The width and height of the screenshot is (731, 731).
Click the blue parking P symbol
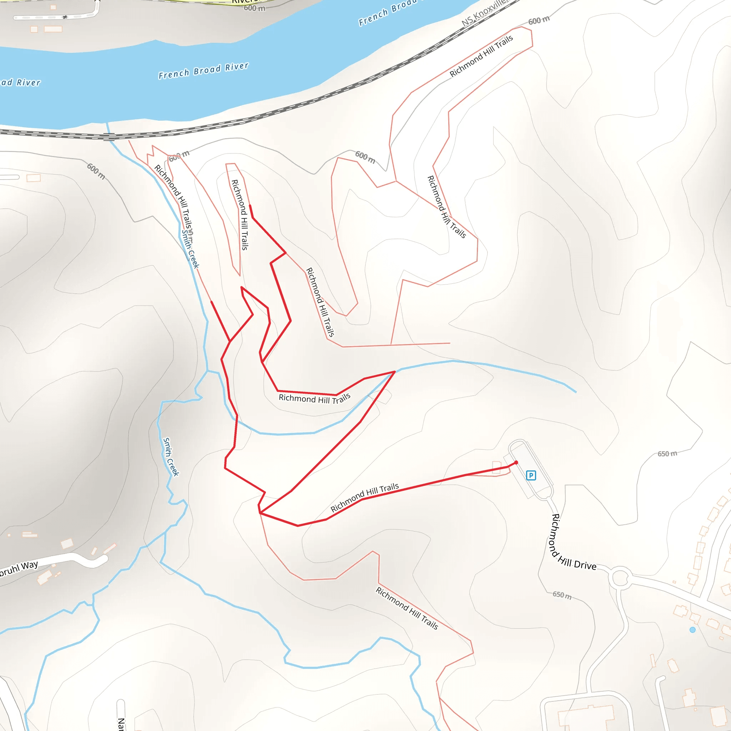[x=531, y=475]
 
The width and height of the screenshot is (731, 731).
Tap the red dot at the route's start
[x=516, y=462]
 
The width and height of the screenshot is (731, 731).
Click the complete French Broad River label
[x=203, y=70]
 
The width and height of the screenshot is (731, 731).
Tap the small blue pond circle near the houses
[x=692, y=630]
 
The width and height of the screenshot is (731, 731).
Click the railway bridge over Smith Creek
[x=109, y=137]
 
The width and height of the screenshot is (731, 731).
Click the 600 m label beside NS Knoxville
[x=539, y=20]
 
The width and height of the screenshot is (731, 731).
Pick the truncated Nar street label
[x=121, y=723]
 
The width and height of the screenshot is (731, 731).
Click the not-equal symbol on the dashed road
[x=65, y=17]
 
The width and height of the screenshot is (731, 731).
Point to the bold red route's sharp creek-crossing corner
[x=395, y=372]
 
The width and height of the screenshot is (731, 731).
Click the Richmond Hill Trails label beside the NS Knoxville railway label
[x=481, y=56]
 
